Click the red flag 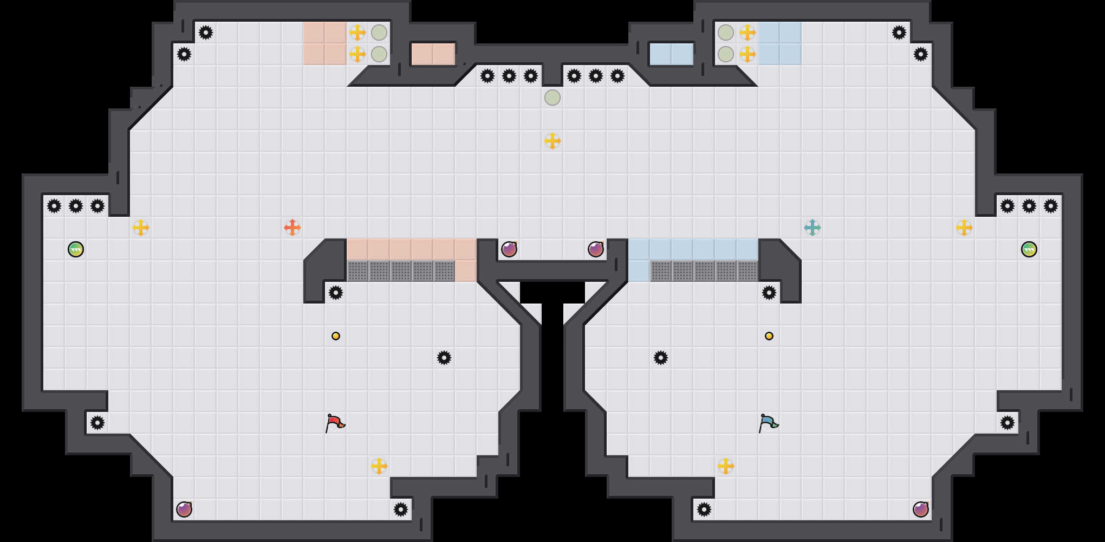tap(335, 422)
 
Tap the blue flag tap(768, 422)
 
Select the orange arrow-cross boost tap(292, 228)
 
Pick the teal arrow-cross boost tap(812, 228)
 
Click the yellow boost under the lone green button tap(552, 141)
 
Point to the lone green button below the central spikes tap(552, 98)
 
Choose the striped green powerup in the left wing tap(76, 249)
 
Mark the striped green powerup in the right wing tap(1029, 249)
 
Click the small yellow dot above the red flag tap(336, 336)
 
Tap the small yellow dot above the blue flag tap(769, 336)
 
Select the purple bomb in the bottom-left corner tap(184, 509)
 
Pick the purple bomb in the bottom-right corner tap(921, 509)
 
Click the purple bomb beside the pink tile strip tap(509, 249)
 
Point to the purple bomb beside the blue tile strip tap(596, 249)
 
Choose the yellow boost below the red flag tap(379, 466)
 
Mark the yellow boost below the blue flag tap(726, 466)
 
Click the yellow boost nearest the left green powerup tap(141, 228)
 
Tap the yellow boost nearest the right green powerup tap(964, 228)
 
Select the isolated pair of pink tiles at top tap(433, 54)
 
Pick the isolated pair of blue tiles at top tap(672, 54)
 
